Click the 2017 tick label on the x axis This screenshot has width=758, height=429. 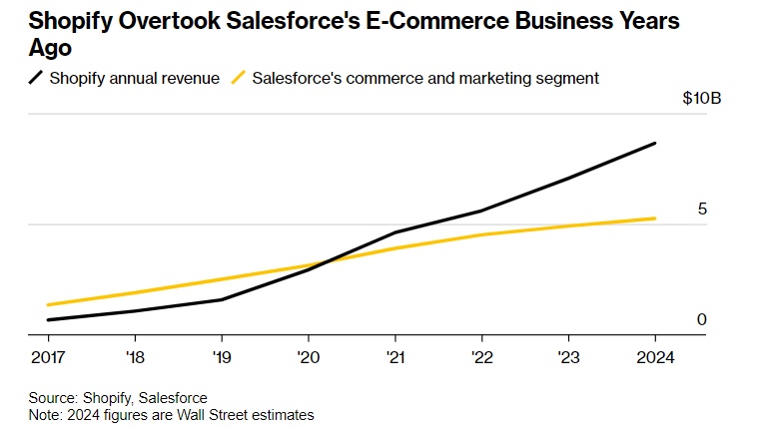tap(49, 356)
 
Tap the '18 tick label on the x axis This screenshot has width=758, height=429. tap(135, 356)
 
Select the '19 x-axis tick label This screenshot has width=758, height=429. tap(221, 356)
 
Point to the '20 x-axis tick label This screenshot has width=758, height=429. tap(308, 356)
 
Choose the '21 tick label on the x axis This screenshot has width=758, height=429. tap(394, 356)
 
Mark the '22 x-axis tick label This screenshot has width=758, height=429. tap(481, 356)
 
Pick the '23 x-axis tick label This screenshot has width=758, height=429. tap(568, 356)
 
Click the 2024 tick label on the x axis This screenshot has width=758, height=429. tap(654, 356)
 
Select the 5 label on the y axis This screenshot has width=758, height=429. tap(702, 210)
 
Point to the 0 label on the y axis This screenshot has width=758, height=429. tap(702, 319)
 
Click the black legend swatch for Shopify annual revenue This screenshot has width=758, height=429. tap(36, 77)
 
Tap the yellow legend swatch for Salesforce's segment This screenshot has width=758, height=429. tap(238, 77)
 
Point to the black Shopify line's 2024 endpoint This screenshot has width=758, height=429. tap(655, 144)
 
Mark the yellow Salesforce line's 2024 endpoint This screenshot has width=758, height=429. tap(655, 218)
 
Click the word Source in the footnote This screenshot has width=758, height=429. tap(53, 398)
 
